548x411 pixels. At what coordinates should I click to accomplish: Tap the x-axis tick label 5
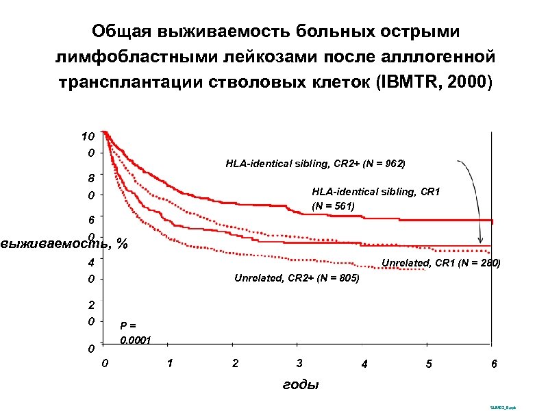click(429, 364)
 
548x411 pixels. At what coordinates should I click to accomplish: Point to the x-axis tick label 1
click(170, 362)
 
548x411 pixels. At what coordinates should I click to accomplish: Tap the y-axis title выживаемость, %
click(64, 243)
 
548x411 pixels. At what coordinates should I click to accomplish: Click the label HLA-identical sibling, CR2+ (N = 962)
click(315, 164)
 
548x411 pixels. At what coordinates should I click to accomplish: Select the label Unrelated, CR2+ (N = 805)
click(297, 278)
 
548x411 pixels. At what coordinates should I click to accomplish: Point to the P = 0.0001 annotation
click(136, 333)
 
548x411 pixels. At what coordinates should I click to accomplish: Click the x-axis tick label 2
click(235, 362)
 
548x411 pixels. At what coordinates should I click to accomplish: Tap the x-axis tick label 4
click(364, 364)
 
